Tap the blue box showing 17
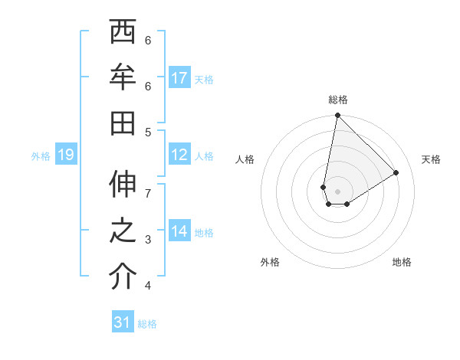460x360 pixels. coord(179,78)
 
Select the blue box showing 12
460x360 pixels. coord(179,155)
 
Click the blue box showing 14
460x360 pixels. coord(179,231)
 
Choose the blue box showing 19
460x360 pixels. coord(65,155)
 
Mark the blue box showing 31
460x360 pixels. coord(123,322)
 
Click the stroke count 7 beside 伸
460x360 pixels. coord(148,194)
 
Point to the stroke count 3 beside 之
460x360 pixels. coord(148,240)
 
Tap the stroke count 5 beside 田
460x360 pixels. coord(148,132)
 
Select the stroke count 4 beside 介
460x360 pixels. coord(148,286)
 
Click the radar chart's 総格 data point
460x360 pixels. coord(337,116)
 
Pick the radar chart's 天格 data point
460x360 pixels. coord(396,172)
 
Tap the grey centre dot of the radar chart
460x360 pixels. coord(337,191)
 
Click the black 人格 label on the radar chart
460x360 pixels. coord(245,159)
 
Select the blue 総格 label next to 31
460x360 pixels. coord(147,324)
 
